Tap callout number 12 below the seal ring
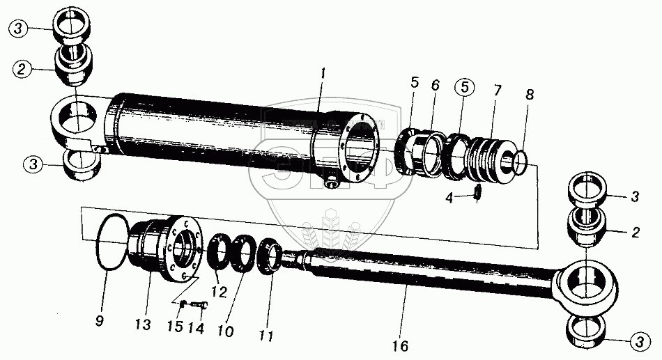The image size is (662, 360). (x=220, y=292)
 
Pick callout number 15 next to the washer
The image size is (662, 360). (x=178, y=326)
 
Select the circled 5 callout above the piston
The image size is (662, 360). (x=463, y=89)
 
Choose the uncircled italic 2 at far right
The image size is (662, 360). (x=635, y=233)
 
